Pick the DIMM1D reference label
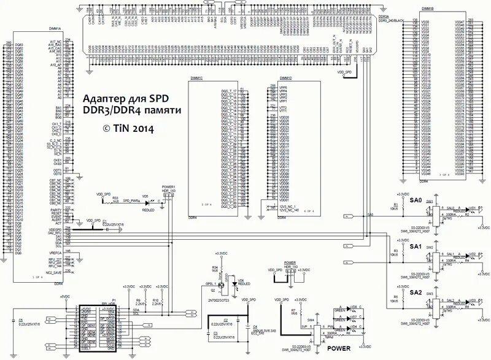285,79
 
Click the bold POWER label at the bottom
339,347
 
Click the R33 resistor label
114,198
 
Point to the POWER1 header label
169,186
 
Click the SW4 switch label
310,320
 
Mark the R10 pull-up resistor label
155,299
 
